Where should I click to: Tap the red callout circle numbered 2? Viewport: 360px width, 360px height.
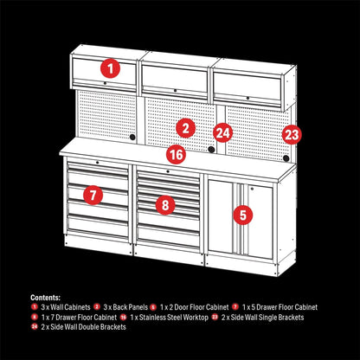pyautogui.click(x=184, y=128)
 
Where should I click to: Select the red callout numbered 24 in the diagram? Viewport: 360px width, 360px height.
pyautogui.click(x=223, y=132)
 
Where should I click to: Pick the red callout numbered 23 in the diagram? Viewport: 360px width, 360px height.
pyautogui.click(x=291, y=134)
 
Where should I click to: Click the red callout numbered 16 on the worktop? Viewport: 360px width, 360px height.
pyautogui.click(x=176, y=156)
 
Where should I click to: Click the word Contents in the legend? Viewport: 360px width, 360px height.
pyautogui.click(x=46, y=296)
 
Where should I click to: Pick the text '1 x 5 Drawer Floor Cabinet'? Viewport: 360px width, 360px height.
pyautogui.click(x=279, y=306)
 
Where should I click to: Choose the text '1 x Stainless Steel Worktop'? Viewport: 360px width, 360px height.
pyautogui.click(x=170, y=317)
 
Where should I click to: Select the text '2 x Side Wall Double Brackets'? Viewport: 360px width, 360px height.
pyautogui.click(x=76, y=327)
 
